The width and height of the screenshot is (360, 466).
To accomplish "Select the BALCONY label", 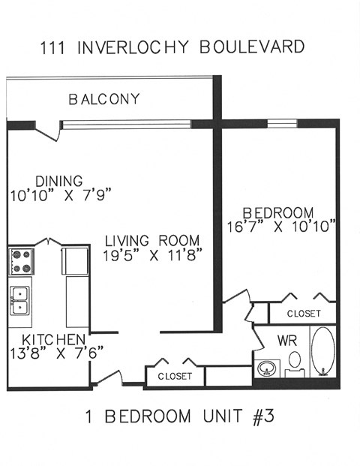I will coord(103,99).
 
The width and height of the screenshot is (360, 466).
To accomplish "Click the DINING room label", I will coord(58,180).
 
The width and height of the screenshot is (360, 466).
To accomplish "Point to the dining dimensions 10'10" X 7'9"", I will coord(61,195).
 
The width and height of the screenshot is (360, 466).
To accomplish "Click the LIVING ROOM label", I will coord(152,241).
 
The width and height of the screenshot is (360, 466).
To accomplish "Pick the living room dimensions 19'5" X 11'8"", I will coord(152,255).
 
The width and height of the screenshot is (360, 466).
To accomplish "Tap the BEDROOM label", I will coord(280,212).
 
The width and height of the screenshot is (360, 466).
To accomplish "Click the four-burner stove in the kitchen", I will coord(21,261).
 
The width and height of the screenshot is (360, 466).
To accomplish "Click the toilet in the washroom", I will coord(295,362).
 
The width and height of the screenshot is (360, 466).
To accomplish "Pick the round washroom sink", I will coord(266,368).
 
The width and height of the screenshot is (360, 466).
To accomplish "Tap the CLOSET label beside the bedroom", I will coord(302,313).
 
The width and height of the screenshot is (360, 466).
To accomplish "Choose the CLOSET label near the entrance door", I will coord(175,375).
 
